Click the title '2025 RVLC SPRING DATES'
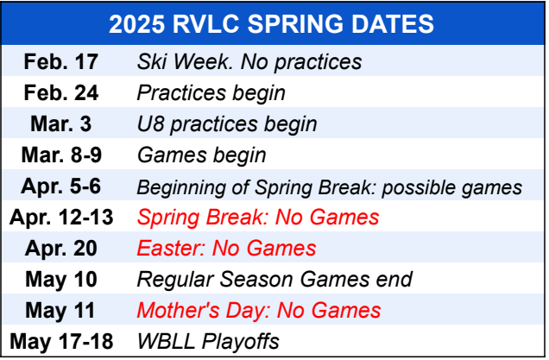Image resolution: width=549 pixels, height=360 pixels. click(x=271, y=24)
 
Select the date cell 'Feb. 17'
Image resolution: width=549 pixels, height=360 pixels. click(x=61, y=61)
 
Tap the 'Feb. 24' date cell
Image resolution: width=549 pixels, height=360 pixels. click(x=61, y=92)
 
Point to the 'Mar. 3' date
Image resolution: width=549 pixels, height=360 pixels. click(x=61, y=124)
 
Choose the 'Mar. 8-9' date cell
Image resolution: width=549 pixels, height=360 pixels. click(x=61, y=155)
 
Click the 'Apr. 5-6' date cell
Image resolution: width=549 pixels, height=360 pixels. click(x=61, y=186)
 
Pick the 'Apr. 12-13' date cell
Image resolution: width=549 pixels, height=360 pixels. click(x=61, y=217)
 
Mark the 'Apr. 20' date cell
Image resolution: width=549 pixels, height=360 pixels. click(x=61, y=249)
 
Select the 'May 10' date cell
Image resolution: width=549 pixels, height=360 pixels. click(x=61, y=280)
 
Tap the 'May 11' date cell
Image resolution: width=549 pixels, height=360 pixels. click(x=60, y=310)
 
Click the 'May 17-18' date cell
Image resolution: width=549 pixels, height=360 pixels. click(x=61, y=342)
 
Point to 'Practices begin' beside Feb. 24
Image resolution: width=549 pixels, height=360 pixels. click(x=211, y=93)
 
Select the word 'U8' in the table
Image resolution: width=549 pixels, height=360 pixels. click(x=150, y=124)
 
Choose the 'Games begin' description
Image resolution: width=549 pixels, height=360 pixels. click(x=202, y=155)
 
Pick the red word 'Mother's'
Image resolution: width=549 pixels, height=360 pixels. click(x=179, y=310)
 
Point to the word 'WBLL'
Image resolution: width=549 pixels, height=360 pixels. click(x=166, y=342)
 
